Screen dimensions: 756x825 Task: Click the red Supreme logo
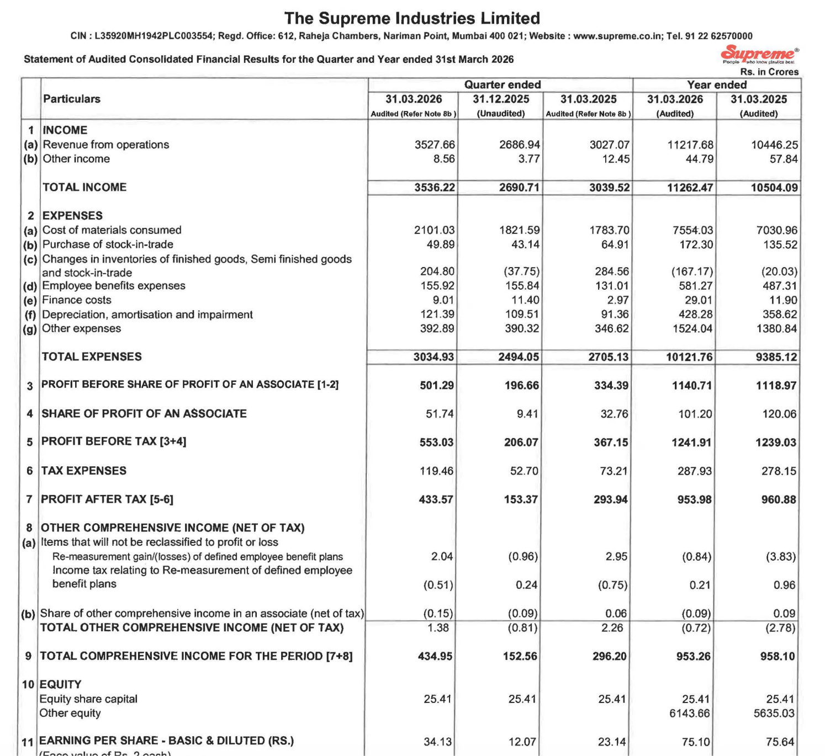(x=759, y=54)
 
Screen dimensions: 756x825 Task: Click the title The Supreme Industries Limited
(x=412, y=18)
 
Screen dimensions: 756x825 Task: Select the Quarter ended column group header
(x=502, y=84)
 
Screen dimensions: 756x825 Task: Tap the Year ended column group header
(x=716, y=84)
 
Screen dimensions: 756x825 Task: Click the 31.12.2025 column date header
(x=500, y=99)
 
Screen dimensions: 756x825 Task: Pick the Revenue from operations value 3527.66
(x=435, y=145)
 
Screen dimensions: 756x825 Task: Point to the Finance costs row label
(x=77, y=300)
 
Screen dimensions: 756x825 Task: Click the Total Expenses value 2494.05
(x=518, y=357)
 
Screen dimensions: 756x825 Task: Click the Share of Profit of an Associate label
(x=144, y=413)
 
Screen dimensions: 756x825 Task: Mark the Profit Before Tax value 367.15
(x=611, y=443)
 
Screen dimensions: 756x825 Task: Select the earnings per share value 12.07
(x=522, y=742)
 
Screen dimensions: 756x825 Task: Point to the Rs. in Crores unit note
(x=769, y=72)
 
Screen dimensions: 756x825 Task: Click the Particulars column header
(x=72, y=99)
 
